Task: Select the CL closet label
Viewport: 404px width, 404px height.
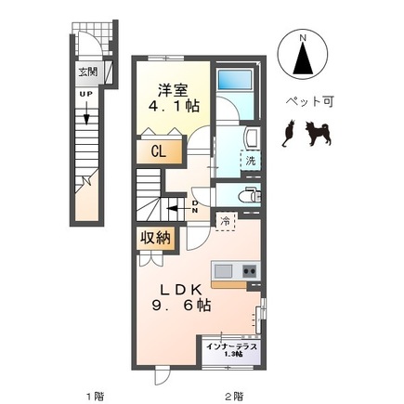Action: pos(158,152)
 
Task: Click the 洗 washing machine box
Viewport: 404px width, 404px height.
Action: pos(250,161)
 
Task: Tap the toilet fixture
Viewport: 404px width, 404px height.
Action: pos(247,195)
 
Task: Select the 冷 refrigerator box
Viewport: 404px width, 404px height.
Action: pos(227,220)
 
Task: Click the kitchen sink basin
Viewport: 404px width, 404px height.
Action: pos(224,270)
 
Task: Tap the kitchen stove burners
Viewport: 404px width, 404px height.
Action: pos(250,270)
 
